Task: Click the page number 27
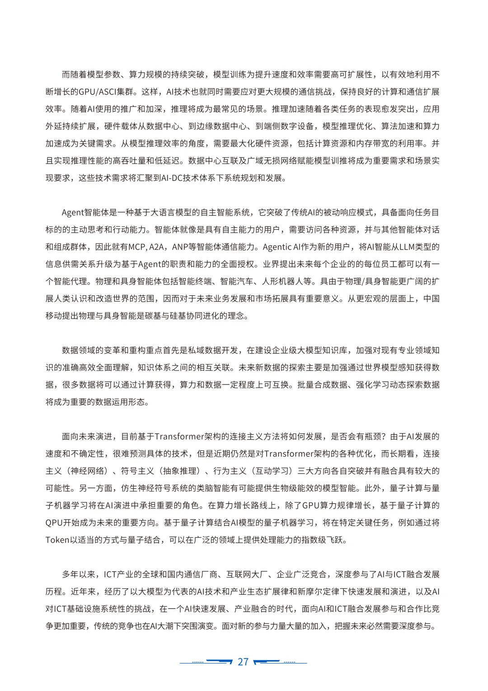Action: (243, 662)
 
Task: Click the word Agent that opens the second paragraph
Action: (73, 213)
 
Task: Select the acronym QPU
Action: (54, 523)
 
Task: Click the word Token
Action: (57, 540)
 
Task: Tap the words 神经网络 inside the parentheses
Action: (88, 471)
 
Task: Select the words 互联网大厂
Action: (247, 575)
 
